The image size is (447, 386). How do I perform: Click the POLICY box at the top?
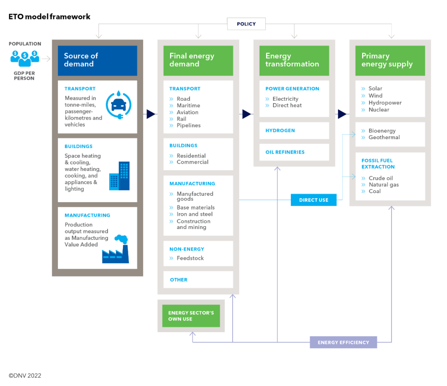246,24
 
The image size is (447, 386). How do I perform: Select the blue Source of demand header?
97,60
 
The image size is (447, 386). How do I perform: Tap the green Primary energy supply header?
390,60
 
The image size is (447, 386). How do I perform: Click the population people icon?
25,58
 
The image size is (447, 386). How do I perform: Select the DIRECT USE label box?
313,200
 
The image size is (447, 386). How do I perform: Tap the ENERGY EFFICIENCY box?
343,343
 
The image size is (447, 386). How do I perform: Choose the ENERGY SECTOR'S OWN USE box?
191,316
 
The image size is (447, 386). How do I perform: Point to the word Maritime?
188,106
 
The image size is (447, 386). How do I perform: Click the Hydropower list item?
385,103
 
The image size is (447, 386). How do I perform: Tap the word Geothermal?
384,138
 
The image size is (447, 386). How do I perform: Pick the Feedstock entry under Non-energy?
190,258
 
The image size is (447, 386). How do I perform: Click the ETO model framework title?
49,17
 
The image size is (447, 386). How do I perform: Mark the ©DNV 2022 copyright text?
25,376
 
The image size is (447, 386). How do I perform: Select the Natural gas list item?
384,185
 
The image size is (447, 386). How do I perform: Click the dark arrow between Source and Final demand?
151,114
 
